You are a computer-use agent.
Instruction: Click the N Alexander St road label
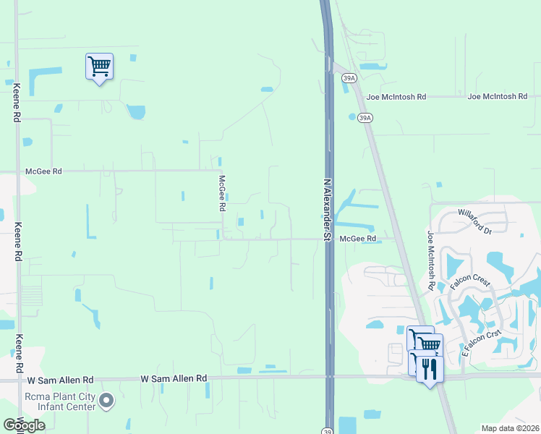tap(327, 210)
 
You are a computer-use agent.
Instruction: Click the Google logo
tap(24, 425)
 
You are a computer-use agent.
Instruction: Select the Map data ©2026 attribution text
tap(510, 428)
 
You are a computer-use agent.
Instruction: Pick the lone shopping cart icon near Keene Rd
tap(99, 67)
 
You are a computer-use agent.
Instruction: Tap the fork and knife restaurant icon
tap(430, 369)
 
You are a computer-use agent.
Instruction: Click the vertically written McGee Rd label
tap(223, 193)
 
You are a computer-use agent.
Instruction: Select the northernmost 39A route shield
tap(349, 79)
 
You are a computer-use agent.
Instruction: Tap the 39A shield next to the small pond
tap(365, 117)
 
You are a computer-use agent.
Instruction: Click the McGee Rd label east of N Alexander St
tap(357, 238)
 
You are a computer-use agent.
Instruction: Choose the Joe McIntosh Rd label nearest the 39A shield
tap(396, 96)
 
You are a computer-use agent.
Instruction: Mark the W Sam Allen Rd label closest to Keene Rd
tap(61, 380)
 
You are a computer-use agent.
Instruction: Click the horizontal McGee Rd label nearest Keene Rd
tap(43, 171)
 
